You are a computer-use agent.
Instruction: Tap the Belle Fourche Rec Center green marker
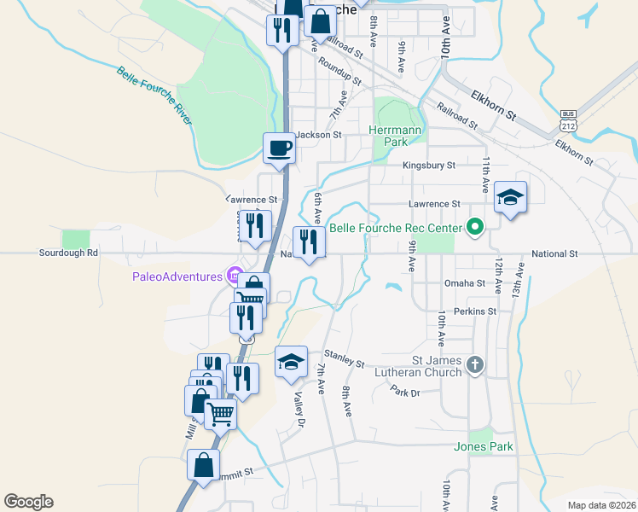point(474,228)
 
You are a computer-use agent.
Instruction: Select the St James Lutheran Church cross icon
point(475,365)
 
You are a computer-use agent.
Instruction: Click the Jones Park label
point(484,446)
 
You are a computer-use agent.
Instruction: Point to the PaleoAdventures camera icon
point(231,275)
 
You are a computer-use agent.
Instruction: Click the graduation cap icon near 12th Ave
point(510,198)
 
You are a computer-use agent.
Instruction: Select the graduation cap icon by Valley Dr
point(291,361)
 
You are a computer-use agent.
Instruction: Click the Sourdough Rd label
point(69,253)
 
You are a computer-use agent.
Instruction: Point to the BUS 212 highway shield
point(568,119)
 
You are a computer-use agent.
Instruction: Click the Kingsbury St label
point(429,165)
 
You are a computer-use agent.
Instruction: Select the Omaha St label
point(464,283)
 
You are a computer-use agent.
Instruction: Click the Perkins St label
point(475,311)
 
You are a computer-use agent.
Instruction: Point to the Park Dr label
point(406,392)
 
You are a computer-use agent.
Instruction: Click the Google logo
point(28,502)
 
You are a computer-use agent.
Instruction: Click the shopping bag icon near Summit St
point(203,467)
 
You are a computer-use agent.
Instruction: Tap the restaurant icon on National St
point(309,242)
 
